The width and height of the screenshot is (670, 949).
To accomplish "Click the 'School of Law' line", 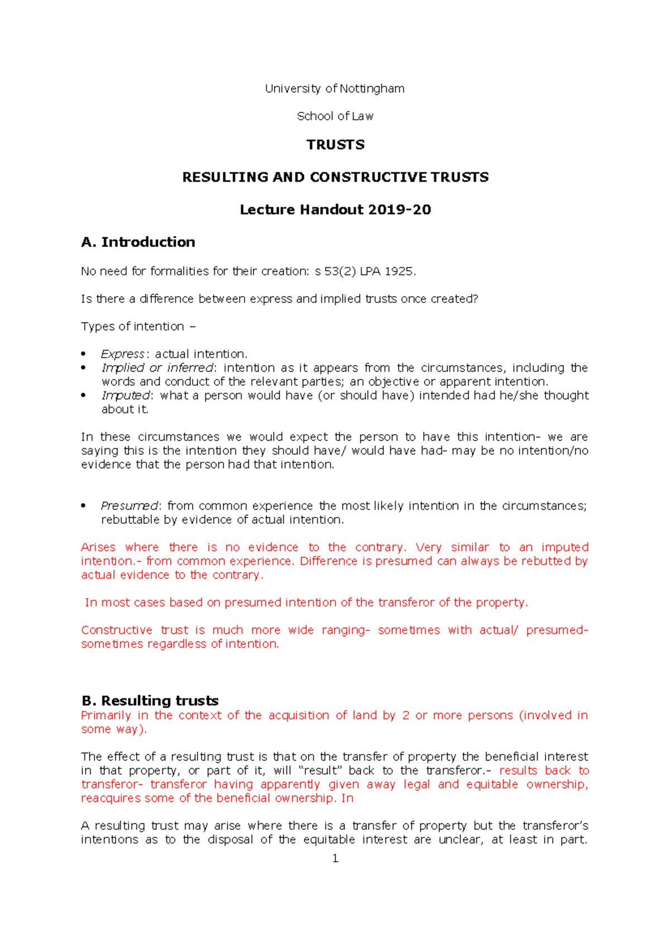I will coord(335,116).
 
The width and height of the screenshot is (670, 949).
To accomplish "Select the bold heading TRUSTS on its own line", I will coord(335,145).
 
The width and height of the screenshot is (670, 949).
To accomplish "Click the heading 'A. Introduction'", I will coord(138,242).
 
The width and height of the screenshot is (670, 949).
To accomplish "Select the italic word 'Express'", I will coord(123,354).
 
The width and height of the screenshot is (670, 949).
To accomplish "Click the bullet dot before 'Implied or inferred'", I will coord(84,368).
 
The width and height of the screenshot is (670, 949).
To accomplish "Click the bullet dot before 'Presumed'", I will coord(84,506).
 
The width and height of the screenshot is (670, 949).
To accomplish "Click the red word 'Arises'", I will coord(98,547).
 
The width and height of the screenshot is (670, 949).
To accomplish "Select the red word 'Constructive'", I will coord(116,630).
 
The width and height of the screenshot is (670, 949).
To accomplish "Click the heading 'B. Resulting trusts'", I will coord(150,701).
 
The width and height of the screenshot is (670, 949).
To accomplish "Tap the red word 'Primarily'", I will coord(106,715).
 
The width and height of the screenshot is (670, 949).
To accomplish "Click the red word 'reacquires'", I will coord(110,798).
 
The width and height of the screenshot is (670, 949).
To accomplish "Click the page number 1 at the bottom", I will coord(335,858).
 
